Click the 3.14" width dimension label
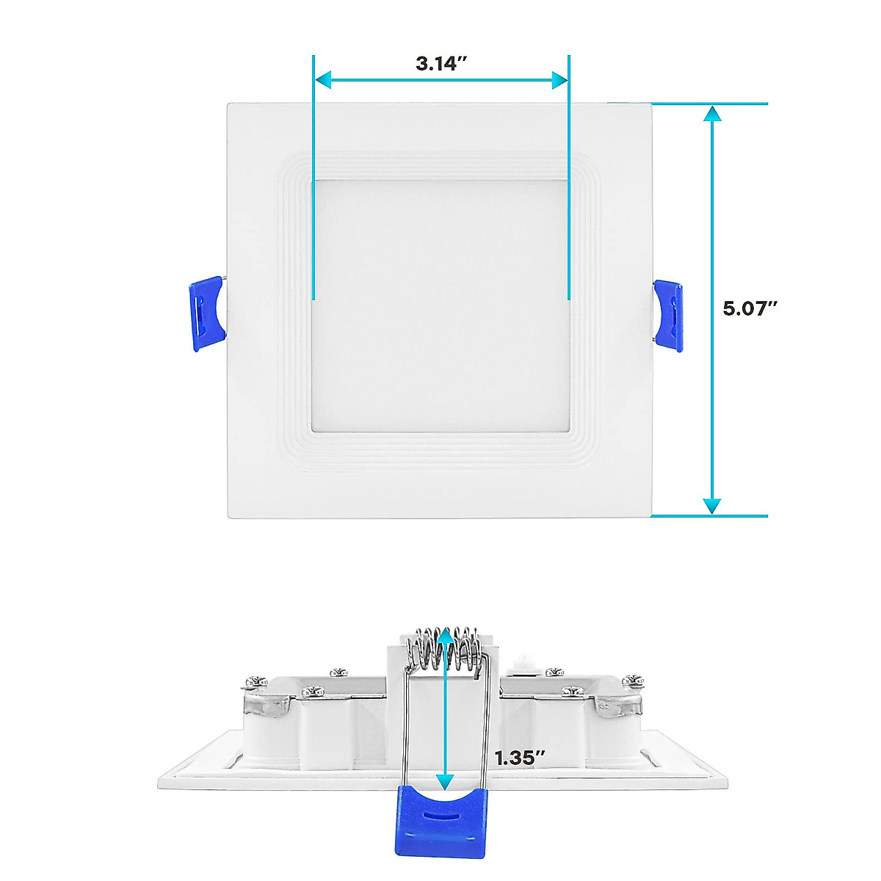(x=441, y=63)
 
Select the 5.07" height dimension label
(x=750, y=308)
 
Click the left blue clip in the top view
(x=206, y=313)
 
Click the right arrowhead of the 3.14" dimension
(x=560, y=80)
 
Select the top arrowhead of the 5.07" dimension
(x=711, y=114)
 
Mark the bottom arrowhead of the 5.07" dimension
(x=711, y=506)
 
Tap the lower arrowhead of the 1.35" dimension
(x=444, y=782)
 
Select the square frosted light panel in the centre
(x=440, y=305)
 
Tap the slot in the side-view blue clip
(x=440, y=813)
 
